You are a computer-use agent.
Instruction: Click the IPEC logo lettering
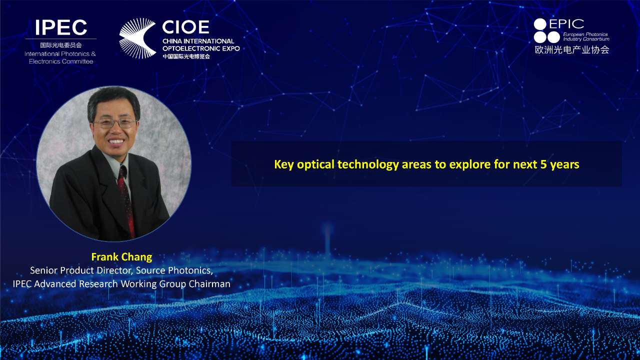[61, 27]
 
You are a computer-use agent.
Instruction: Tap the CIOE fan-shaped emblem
[137, 38]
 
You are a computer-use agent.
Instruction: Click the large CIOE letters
[185, 27]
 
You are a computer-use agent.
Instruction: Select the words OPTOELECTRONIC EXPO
[201, 48]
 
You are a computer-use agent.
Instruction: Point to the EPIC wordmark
[566, 24]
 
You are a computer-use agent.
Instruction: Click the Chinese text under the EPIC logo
[572, 49]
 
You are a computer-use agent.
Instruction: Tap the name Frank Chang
[121, 257]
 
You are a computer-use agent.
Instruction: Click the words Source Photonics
[173, 270]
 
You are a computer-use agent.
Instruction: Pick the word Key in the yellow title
[284, 165]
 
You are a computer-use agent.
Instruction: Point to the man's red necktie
[126, 200]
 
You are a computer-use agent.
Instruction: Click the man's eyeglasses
[115, 123]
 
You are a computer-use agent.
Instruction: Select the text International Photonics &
[60, 54]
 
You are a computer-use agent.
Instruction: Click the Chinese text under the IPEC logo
[61, 45]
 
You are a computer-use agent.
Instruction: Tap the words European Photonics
[585, 34]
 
